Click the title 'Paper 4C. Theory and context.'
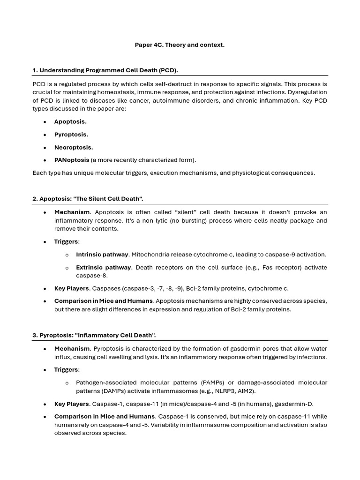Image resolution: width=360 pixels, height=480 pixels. pos(180,45)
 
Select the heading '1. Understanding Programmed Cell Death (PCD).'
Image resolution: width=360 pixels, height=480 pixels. pos(105,70)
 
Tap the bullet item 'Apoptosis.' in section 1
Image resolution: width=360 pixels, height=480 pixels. pos(70,121)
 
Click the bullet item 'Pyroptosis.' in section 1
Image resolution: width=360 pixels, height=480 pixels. pos(71,135)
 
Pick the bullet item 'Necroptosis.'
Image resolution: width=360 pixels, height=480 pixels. pos(74,147)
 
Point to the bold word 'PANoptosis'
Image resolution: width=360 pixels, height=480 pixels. pos(71,160)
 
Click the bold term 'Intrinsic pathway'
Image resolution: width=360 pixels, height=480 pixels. pos(102,255)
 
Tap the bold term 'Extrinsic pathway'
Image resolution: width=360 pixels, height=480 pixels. pos(103,267)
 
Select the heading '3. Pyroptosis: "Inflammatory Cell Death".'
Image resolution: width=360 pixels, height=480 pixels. pos(94,336)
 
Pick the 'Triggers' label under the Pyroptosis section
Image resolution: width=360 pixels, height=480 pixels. pos(67,370)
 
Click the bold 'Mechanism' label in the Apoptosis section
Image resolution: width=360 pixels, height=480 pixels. pos(72,212)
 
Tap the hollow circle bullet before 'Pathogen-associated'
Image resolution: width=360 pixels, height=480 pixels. pos(67,383)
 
